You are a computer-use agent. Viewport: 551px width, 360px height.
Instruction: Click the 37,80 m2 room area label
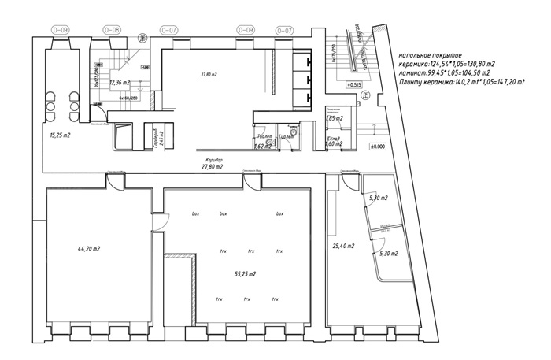pyautogui.click(x=208, y=75)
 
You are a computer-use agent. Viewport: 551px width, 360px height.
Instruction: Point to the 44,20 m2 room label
pyautogui.click(x=88, y=249)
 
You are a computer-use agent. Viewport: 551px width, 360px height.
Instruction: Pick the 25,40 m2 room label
pyautogui.click(x=343, y=247)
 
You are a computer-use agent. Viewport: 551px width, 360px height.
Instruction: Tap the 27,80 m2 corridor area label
pyautogui.click(x=212, y=167)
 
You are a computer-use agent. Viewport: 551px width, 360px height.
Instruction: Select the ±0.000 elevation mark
pyautogui.click(x=378, y=147)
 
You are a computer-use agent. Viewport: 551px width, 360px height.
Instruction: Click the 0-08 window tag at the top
pyautogui.click(x=113, y=29)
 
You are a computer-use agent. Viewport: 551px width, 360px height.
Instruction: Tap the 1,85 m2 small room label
pyautogui.click(x=334, y=118)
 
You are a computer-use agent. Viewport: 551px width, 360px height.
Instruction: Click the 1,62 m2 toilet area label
pyautogui.click(x=263, y=146)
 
